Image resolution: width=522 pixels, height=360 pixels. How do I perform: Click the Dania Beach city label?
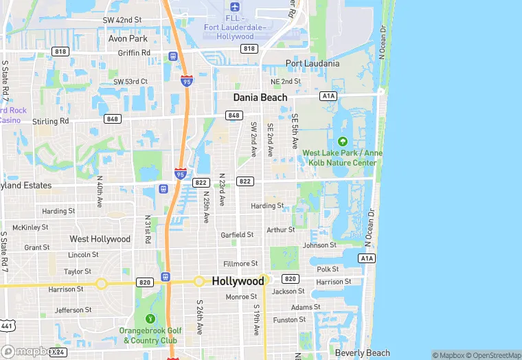pos(260,98)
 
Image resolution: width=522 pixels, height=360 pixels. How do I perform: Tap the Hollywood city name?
pos(238,281)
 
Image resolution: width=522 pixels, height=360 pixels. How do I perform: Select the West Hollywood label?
pos(100,239)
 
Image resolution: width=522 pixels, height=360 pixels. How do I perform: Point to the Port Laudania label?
pos(313,64)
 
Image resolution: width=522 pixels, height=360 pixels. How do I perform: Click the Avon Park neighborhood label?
pos(128,38)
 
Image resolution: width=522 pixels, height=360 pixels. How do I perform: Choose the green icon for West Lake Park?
pos(343,142)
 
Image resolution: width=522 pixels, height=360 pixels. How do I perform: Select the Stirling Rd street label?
pos(51,121)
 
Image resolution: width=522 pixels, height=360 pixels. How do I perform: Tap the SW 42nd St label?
pos(122,20)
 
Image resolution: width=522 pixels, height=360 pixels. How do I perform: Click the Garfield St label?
pos(237,235)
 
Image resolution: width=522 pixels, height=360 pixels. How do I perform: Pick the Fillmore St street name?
pos(240,263)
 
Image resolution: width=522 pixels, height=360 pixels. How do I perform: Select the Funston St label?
pos(289,319)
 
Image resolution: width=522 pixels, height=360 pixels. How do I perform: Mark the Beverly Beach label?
pos(363,353)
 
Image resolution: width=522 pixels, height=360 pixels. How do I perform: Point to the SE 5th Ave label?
pos(295,131)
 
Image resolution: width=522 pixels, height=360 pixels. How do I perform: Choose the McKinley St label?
pos(30,227)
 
